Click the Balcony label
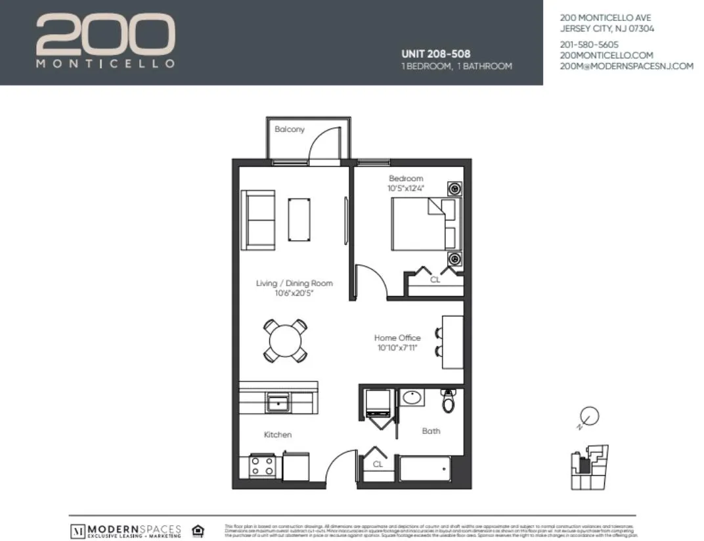pos(290,129)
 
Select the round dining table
pos(285,340)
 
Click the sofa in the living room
pos(257,220)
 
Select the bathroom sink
pos(412,398)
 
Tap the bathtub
pos(425,470)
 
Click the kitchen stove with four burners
pos(262,467)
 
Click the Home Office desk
pos(452,342)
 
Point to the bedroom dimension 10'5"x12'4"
pos(406,188)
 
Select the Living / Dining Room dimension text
pos(294,293)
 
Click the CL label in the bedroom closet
pos(435,279)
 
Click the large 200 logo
pos(105,35)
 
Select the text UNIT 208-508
pos(435,54)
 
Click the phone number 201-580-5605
pos(589,45)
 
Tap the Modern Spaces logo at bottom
pos(125,530)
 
